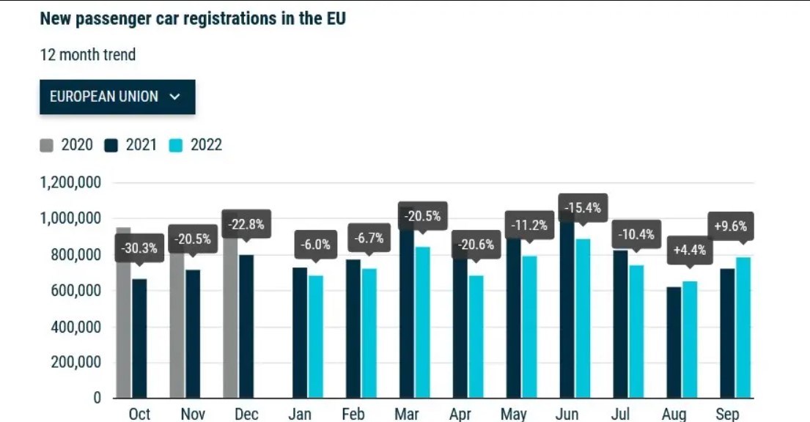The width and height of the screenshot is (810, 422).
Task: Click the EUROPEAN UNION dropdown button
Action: [x=117, y=97]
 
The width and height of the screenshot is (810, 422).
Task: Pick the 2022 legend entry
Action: [x=196, y=145]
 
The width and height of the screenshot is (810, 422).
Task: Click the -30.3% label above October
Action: [x=139, y=248]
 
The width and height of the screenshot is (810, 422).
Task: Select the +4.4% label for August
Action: [x=689, y=249]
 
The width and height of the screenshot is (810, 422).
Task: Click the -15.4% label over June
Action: [x=583, y=208]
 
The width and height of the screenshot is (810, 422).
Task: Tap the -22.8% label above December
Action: [x=246, y=223]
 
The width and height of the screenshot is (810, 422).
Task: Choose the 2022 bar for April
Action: [x=476, y=336]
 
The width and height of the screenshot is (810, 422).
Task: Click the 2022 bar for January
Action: [x=316, y=336]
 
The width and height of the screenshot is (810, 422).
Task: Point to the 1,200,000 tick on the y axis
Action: [x=70, y=183]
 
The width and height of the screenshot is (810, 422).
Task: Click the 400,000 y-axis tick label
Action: [x=70, y=327]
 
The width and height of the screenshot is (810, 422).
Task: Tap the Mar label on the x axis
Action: [x=407, y=414]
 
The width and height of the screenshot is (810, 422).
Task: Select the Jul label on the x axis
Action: [x=621, y=414]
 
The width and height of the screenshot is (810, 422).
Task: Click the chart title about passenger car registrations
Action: [x=193, y=19]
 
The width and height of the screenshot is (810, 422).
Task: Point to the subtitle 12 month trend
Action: [x=88, y=55]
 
